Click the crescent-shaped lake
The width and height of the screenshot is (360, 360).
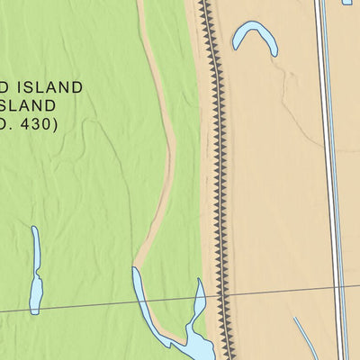point(254,33)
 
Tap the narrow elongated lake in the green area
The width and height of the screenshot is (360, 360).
point(36,270)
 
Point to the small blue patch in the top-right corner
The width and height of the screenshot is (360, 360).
point(347,3)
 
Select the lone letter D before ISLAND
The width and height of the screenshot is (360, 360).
point(4,87)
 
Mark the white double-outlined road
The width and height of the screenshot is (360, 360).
point(331,180)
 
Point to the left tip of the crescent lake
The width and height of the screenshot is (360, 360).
point(236,42)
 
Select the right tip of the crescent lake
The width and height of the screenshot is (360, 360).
point(274,52)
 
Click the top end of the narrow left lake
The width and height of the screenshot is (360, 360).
point(34,229)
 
